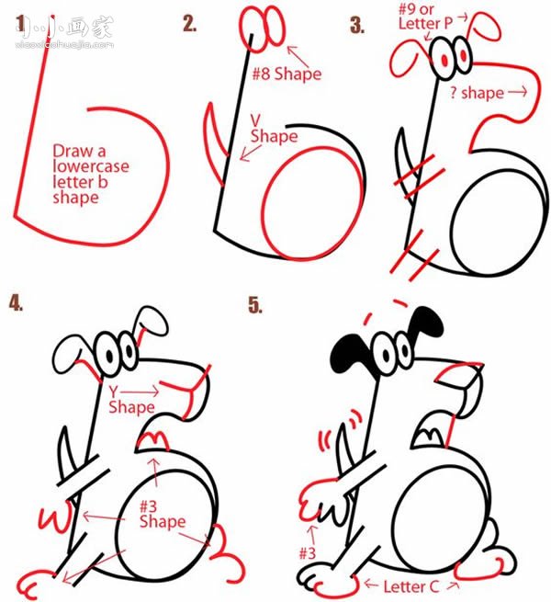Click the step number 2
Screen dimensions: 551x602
coord(189,24)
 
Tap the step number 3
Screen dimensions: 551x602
coord(357,26)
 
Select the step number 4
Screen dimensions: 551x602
coord(17,302)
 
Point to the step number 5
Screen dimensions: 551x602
coord(255,305)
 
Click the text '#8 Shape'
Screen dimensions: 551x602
coord(287,74)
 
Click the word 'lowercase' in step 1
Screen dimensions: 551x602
coord(91,166)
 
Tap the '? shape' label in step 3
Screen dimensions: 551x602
coord(477,93)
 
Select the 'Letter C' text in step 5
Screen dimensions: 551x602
coord(410,586)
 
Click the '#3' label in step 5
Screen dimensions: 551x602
coord(308,553)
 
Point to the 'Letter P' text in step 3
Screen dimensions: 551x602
coord(425,23)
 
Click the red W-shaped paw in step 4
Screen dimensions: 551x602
coord(55,518)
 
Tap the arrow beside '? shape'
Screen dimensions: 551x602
coord(518,92)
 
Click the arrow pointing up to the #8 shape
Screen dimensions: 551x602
coord(298,56)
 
